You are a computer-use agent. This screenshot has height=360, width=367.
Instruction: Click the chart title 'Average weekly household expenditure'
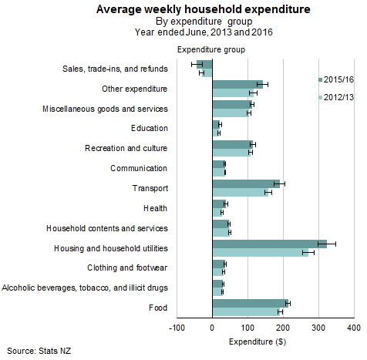pos(183,10)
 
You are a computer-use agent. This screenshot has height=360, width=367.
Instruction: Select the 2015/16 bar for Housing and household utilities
pos(269,244)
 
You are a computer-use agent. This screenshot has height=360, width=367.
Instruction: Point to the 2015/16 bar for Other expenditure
pos(237,84)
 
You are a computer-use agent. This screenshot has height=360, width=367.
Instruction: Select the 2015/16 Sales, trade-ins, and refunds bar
pos(205,64)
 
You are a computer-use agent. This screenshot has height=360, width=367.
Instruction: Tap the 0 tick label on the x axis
pos(212,328)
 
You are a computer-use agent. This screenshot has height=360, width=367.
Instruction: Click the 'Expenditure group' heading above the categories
pos(211,49)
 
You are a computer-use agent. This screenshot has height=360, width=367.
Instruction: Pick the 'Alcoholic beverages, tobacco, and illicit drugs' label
pos(85,288)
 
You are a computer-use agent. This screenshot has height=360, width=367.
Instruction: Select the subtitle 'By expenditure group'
pos(183,22)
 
